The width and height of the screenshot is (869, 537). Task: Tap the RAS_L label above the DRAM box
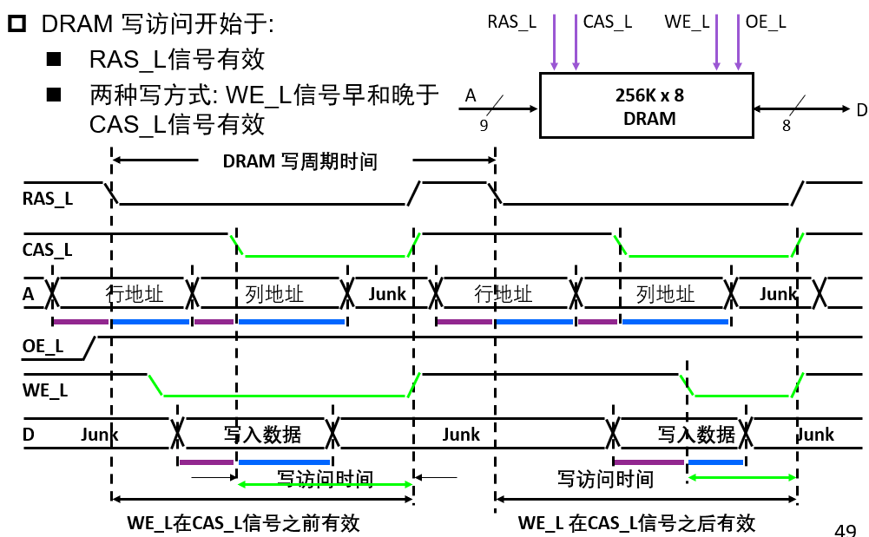click(x=512, y=23)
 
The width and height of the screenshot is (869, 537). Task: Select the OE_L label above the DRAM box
click(x=766, y=23)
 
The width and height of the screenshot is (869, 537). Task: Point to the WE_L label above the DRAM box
click(x=687, y=23)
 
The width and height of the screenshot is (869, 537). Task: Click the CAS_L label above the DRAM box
click(x=608, y=23)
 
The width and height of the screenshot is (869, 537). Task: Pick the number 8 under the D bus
click(x=787, y=126)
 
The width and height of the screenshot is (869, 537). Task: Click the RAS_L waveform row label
click(x=48, y=199)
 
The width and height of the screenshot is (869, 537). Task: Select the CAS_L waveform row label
click(x=48, y=250)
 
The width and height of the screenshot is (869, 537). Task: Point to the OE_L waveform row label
click(x=43, y=347)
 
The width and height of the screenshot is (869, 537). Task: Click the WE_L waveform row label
click(x=45, y=390)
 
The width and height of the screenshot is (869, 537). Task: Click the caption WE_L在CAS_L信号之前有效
click(x=243, y=523)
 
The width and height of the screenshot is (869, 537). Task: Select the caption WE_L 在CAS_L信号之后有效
click(x=636, y=523)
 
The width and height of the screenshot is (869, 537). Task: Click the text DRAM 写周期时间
click(x=300, y=161)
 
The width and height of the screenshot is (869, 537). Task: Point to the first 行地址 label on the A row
click(x=135, y=293)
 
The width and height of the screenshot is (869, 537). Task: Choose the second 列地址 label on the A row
click(x=665, y=294)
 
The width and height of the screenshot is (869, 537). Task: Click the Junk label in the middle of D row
click(x=461, y=435)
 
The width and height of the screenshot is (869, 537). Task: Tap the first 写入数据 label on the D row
click(x=262, y=435)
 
